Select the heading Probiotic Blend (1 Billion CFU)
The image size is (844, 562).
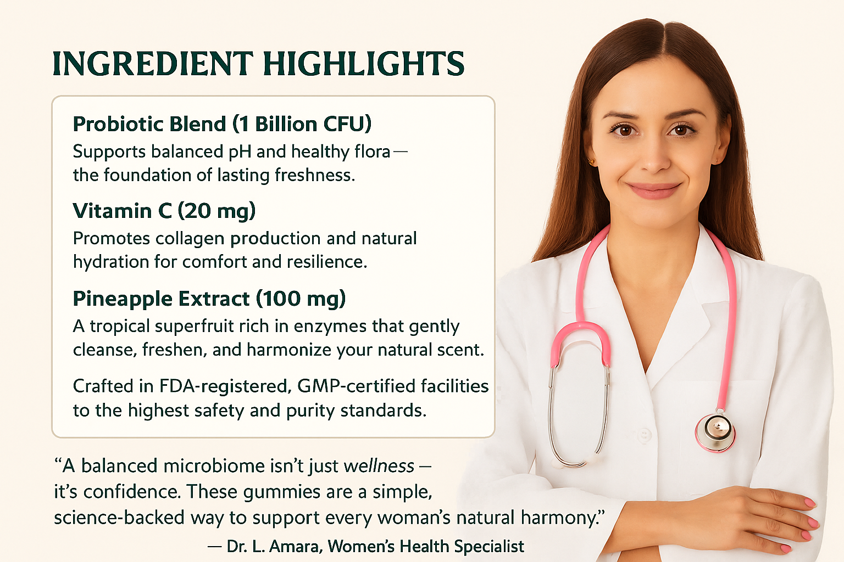pyautogui.click(x=223, y=124)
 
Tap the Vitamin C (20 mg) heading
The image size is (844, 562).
pyautogui.click(x=164, y=211)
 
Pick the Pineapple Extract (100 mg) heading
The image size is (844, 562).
pyautogui.click(x=209, y=299)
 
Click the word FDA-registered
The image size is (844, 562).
pyautogui.click(x=225, y=387)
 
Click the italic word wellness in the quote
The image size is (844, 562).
pyautogui.click(x=379, y=467)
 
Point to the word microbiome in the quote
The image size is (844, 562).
pyautogui.click(x=214, y=467)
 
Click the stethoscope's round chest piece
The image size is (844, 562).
pyautogui.click(x=715, y=431)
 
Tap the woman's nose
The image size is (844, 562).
pyautogui.click(x=655, y=158)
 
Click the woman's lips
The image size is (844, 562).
pyautogui.click(x=654, y=190)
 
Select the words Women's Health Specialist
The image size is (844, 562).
pyautogui.click(x=426, y=547)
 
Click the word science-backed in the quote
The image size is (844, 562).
pyautogui.click(x=119, y=518)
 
